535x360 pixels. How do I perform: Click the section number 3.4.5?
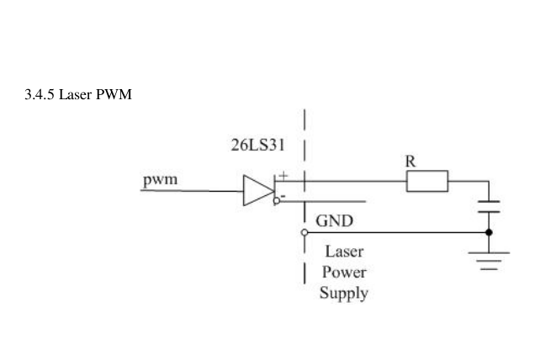point(40,93)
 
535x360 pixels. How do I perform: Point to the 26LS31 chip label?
point(257,144)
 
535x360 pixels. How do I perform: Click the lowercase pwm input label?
point(159,180)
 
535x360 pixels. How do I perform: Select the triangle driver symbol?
point(255,191)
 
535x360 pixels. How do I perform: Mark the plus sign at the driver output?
point(283,175)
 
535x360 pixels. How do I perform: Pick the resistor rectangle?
point(426,181)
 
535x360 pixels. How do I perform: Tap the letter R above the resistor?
point(411,161)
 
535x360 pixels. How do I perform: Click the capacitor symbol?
point(489,206)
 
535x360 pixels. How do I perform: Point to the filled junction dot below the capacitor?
point(489,231)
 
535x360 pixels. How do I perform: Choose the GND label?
point(334,221)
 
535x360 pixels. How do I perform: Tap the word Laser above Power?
point(344,251)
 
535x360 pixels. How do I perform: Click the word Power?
point(343,273)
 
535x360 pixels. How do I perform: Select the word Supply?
point(343,294)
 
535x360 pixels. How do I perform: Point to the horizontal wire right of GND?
point(395,231)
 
